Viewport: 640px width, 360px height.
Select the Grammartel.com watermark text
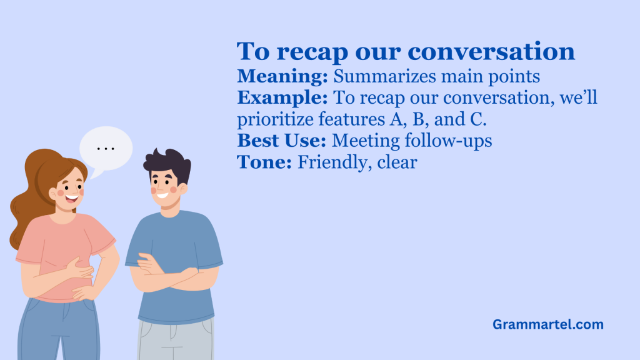point(547,324)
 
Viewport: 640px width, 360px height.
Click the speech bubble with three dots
point(106,149)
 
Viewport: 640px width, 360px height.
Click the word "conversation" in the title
point(491,52)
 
